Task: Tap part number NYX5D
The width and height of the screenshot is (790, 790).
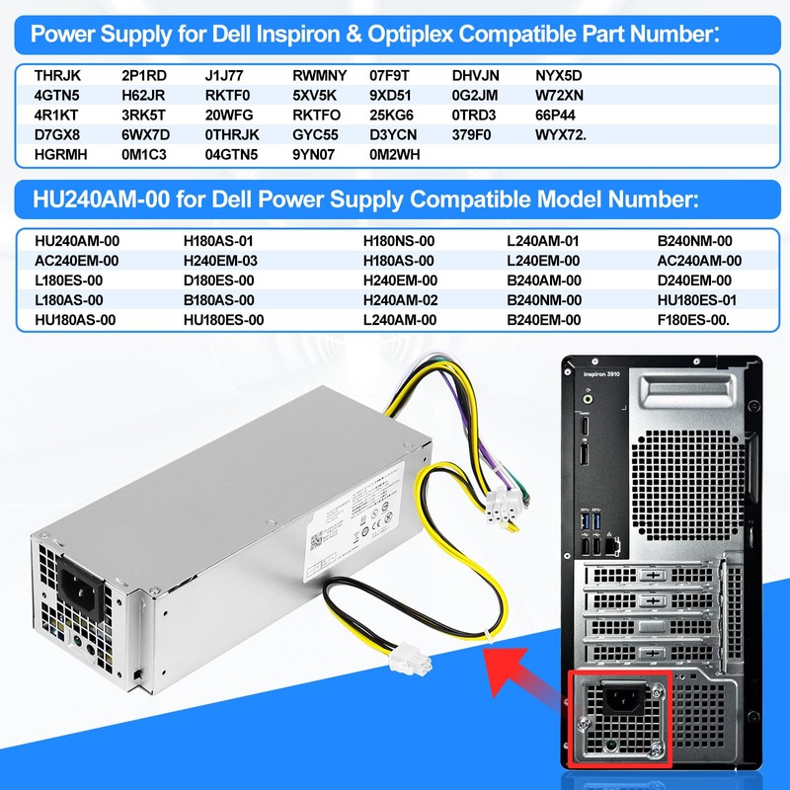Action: (x=559, y=75)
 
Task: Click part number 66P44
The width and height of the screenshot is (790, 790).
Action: (x=555, y=115)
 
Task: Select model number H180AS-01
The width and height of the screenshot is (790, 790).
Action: (x=219, y=240)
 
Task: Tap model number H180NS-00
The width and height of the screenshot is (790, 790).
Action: (x=399, y=240)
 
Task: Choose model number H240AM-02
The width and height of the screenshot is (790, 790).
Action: (x=400, y=299)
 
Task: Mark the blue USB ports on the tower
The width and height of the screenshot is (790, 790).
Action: (x=591, y=515)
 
